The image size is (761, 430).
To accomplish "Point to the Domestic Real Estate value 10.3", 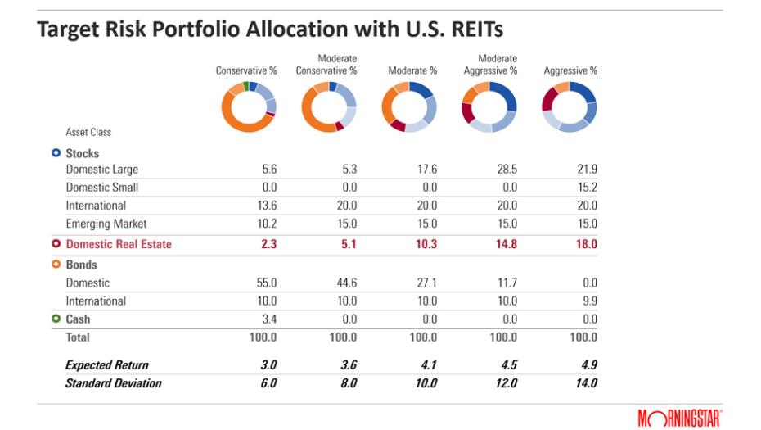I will (x=424, y=244).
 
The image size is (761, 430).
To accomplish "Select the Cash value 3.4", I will (x=268, y=319).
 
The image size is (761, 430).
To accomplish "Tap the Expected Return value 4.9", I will (x=588, y=365).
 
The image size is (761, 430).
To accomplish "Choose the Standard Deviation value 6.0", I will (x=267, y=383).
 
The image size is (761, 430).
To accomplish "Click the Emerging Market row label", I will (x=106, y=224).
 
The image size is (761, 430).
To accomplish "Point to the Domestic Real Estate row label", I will (x=119, y=244).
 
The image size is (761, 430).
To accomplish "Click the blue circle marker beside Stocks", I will (x=56, y=153).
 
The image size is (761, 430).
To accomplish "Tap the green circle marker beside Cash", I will (x=56, y=319).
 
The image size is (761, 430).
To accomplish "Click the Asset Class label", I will (x=88, y=132).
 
